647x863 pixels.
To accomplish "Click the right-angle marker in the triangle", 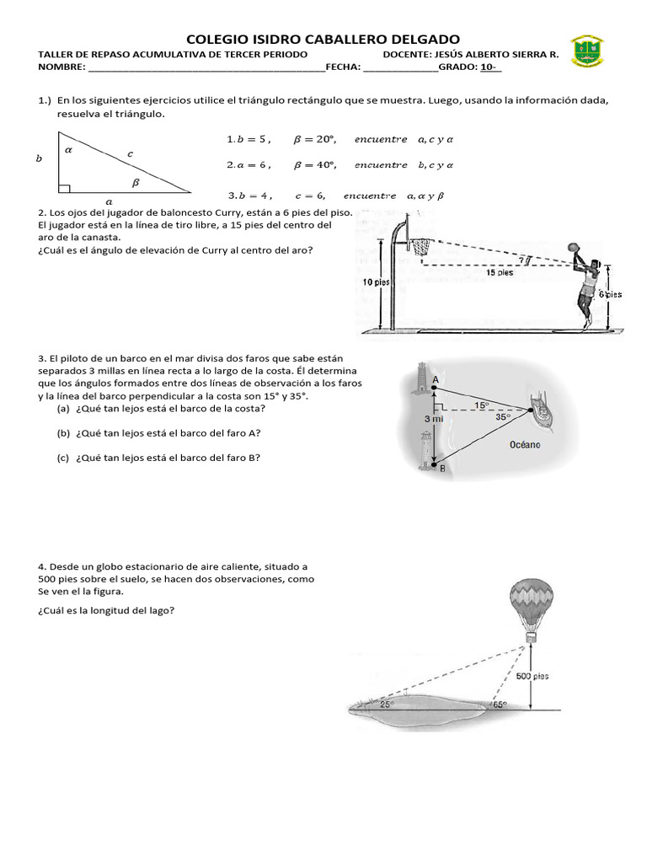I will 64,187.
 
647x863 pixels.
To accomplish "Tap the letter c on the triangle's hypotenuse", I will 130,153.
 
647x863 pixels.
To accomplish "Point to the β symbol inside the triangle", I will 136,180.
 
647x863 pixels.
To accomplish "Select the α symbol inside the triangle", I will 68,148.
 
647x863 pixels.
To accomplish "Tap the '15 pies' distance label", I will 499,272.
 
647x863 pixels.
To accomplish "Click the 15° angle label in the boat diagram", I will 480,405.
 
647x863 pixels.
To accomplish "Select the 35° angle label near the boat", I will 503,415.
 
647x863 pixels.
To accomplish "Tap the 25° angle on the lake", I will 386,704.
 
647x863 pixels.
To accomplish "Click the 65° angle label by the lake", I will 500,705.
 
